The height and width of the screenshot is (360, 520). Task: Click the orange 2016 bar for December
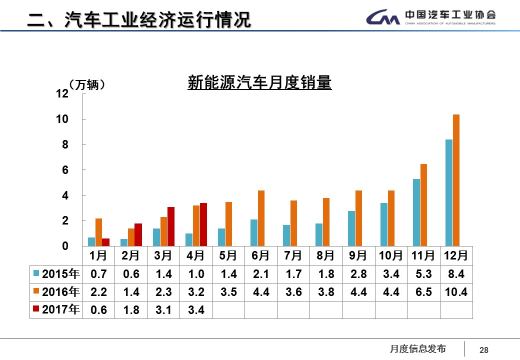point(456,180)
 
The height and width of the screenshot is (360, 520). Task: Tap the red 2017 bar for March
point(171,226)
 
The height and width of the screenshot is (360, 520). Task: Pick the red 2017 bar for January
point(106,242)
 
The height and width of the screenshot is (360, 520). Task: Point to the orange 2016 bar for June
point(261,218)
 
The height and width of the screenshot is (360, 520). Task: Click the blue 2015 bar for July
point(286,235)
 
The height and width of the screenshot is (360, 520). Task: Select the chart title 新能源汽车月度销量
point(259,82)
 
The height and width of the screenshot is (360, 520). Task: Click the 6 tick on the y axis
point(65,170)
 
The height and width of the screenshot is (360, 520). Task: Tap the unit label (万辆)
point(88,85)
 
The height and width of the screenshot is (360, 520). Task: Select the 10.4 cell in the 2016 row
point(456,292)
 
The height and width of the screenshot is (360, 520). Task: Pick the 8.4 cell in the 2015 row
point(456,274)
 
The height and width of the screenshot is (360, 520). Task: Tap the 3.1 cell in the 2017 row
point(163,310)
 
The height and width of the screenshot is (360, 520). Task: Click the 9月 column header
point(358,255)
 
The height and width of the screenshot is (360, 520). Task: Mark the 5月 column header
point(228,255)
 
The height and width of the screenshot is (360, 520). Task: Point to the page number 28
point(483,350)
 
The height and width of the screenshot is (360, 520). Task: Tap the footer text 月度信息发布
point(417,349)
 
